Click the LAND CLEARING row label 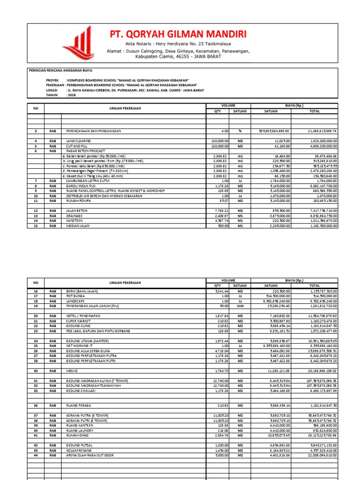pyautogui.click(x=78, y=141)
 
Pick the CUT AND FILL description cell pyautogui.click(x=76, y=146)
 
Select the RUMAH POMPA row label pyautogui.click(x=77, y=200)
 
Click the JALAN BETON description pyautogui.click(x=76, y=211)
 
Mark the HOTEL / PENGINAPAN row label pyautogui.click(x=83, y=316)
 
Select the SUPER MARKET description pyautogui.click(x=78, y=322)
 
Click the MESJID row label pyautogui.click(x=72, y=371)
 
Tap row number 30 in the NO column pyautogui.click(x=35, y=371)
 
